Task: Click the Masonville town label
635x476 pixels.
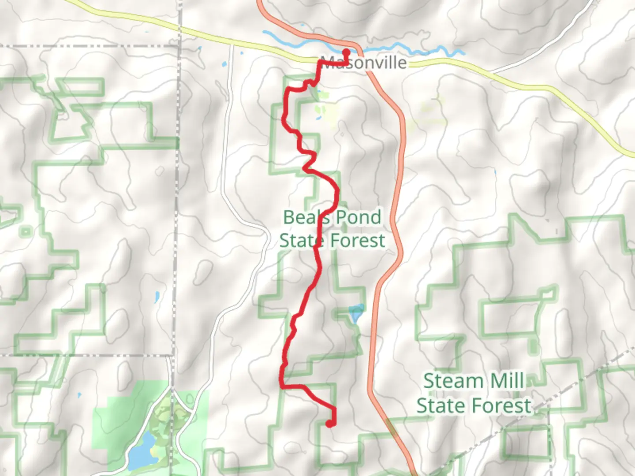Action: [x=364, y=63]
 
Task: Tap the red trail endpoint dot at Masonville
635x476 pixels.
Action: [x=346, y=52]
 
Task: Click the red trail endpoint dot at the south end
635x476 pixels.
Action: [x=329, y=424]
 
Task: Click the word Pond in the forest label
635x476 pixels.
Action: [x=358, y=217]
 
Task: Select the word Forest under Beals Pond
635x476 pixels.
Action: [x=358, y=241]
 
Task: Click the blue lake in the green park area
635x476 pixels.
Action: [x=142, y=450]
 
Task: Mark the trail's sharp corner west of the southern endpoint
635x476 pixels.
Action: [x=282, y=386]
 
